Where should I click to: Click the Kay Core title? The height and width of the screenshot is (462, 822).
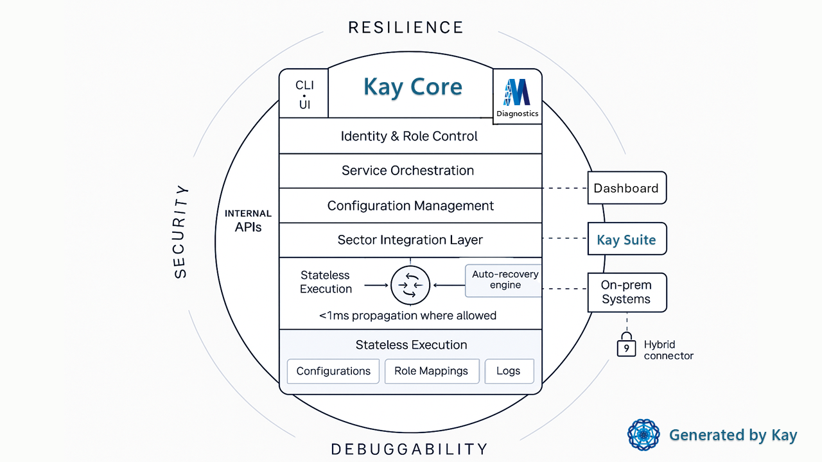pos(412,87)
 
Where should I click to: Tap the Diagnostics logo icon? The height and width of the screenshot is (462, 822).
pos(517,92)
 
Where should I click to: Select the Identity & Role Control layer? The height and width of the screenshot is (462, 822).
pos(409,136)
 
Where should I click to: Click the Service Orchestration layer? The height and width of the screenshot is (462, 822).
pos(408,171)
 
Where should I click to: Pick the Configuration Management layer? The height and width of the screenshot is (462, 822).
pos(410,206)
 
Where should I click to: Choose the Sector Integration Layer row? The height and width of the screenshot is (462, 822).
pos(410,240)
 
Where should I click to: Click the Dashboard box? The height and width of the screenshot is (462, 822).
pos(626,188)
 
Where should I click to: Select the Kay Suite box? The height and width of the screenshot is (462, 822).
pos(626,240)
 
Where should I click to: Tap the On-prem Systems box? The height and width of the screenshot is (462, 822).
pos(626,292)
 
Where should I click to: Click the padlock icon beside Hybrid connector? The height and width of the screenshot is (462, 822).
pos(625,346)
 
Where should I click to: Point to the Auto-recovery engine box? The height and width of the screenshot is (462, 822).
pos(505,280)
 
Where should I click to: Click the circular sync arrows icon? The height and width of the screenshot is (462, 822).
pos(410,284)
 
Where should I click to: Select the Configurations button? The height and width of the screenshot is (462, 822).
pos(333,371)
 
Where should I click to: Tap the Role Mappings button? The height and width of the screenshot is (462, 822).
pos(431,371)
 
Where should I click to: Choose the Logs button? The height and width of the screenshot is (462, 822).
pos(508,371)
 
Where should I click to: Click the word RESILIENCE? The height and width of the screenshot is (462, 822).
pos(405,28)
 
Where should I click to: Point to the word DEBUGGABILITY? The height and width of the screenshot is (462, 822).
pos(409,449)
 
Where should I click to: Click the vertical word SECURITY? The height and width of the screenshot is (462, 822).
pos(181,232)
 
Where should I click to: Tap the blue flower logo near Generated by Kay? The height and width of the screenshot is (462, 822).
pos(643,435)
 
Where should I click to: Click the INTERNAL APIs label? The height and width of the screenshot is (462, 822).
pos(248,221)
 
